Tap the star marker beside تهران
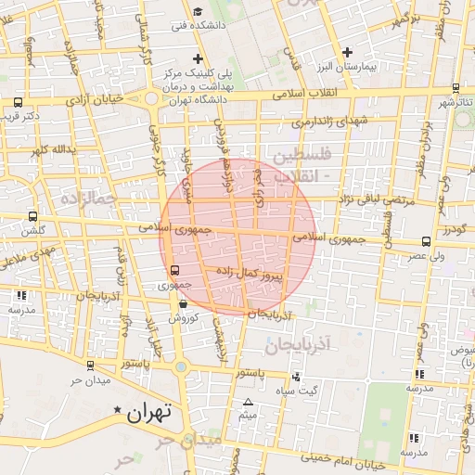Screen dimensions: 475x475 tap(117, 410)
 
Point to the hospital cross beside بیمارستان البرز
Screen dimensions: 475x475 tap(347, 52)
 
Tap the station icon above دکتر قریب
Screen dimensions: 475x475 tap(19, 102)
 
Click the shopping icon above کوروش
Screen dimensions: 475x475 tap(183, 303)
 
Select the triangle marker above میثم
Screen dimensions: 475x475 tap(248, 402)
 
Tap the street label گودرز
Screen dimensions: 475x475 tap(454, 228)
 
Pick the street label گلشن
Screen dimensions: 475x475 tap(34, 230)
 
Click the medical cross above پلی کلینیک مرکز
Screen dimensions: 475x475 tap(198, 58)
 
